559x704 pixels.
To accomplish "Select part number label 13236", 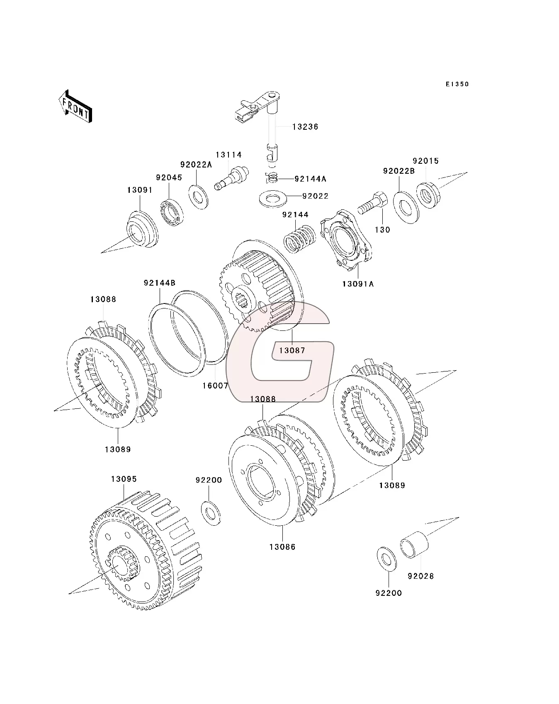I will pos(305,127).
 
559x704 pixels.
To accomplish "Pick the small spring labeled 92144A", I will pos(272,178).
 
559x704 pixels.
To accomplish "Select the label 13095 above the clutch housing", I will pos(124,479).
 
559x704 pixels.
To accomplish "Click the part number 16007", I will pos(215,386).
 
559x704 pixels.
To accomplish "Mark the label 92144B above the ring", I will pos(160,283).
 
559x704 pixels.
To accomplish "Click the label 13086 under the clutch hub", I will pos(282,547).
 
